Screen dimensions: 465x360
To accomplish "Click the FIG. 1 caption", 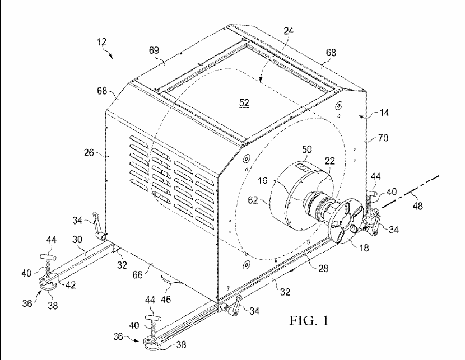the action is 309,320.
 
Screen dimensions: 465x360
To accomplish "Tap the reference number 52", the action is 244,102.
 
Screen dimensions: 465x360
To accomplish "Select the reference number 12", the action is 101,42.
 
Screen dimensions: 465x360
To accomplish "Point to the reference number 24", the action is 289,31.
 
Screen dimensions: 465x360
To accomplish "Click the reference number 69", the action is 154,50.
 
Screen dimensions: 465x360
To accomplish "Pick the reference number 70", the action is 383,138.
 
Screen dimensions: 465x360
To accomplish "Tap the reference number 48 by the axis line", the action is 417,205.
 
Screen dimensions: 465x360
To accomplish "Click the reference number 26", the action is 89,153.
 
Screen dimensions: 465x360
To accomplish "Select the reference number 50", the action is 306,149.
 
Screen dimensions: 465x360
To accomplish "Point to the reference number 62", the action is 253,200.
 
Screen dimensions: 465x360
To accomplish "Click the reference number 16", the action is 262,180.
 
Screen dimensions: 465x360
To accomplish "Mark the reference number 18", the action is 364,247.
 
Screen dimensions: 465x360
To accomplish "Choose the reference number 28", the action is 323,268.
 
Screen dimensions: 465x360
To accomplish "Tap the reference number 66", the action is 138,275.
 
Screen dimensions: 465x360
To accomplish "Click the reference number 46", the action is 165,300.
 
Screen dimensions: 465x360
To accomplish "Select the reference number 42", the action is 70,285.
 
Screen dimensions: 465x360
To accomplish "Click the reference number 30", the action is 77,240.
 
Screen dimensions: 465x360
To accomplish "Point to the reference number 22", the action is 329,161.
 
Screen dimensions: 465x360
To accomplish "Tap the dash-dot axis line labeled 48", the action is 411,191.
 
